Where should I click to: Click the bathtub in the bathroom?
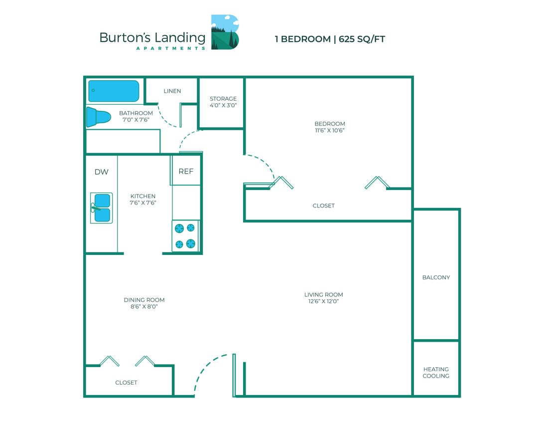[114, 91]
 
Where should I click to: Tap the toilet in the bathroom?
[98, 117]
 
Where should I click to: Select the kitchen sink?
[102, 208]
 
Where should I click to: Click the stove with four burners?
[185, 235]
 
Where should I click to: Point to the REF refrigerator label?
[186, 171]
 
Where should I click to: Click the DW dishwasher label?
[102, 172]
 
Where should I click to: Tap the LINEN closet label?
[172, 91]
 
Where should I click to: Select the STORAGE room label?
[223, 99]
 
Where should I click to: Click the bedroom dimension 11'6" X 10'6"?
[329, 130]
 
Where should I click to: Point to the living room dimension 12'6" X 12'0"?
[323, 301]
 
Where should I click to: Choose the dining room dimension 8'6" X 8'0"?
[144, 306]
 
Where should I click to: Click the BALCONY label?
[436, 277]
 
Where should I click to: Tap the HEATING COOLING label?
[436, 373]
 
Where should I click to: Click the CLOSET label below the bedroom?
[323, 206]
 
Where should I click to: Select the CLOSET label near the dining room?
[126, 383]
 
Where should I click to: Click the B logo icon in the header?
[225, 32]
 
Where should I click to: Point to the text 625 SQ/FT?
[362, 39]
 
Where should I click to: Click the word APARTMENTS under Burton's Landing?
[170, 48]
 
